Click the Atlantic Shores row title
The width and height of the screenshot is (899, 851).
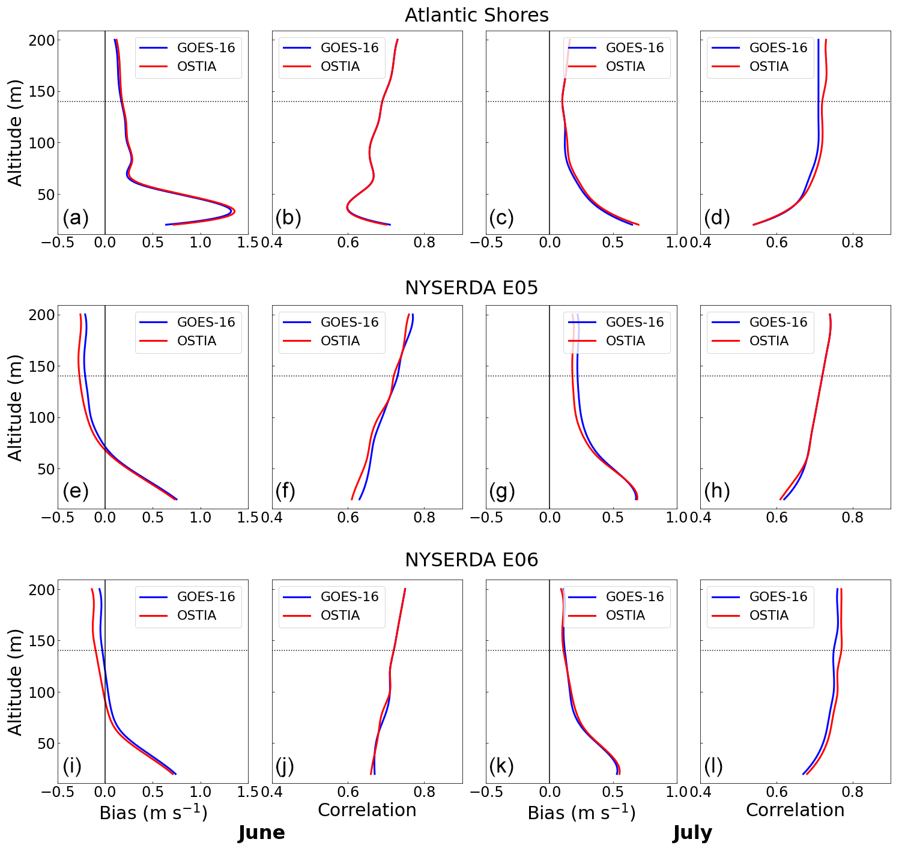point(476,15)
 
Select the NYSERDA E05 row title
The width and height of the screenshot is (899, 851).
point(471,288)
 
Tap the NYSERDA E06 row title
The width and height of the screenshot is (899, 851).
point(471,560)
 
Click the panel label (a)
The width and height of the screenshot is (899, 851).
point(76,217)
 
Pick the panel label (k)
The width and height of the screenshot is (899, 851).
point(501,766)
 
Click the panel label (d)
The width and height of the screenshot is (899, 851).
point(717,217)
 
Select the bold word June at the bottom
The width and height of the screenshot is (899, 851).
point(261,832)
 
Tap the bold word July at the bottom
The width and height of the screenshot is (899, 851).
point(692,832)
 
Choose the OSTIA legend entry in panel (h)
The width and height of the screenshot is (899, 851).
point(769,341)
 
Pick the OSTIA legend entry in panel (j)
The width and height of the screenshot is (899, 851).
point(340,615)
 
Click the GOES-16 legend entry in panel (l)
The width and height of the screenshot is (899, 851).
point(778,596)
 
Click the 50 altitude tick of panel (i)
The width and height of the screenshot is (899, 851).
point(43,743)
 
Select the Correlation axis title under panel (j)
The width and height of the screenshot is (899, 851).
point(367,810)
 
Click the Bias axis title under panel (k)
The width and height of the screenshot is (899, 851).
point(581,813)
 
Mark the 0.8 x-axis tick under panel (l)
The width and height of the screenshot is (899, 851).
point(852,792)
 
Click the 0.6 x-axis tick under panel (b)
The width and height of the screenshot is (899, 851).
point(348,243)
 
